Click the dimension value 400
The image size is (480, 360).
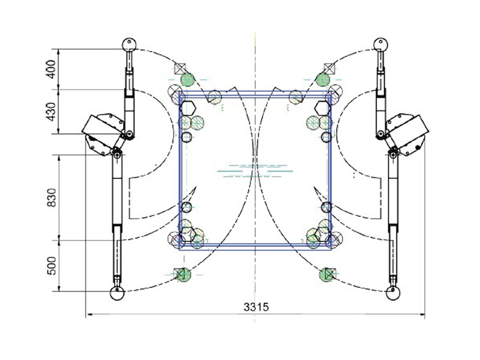pos(51,69)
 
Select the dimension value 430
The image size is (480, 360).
pos(51,112)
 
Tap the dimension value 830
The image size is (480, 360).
pos(51,198)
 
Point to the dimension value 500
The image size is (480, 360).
pos(52,266)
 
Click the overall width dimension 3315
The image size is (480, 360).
pos(256,307)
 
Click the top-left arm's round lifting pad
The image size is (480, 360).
pos(129,45)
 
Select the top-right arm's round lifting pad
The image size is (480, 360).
pos(381,45)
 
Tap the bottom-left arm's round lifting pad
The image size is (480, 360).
pos(117,293)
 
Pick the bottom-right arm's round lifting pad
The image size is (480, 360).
pos(393,293)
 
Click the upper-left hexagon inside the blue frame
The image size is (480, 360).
pos(188,108)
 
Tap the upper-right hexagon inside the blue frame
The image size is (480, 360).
pos(323,108)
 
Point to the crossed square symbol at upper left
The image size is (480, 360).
pos(180,69)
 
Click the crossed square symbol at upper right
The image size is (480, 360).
pos(329,69)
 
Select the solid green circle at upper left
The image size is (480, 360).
pos(187,80)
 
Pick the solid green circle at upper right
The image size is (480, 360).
pos(323,80)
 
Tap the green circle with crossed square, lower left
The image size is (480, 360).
pos(183,275)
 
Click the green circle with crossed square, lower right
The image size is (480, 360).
pos(327,275)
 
